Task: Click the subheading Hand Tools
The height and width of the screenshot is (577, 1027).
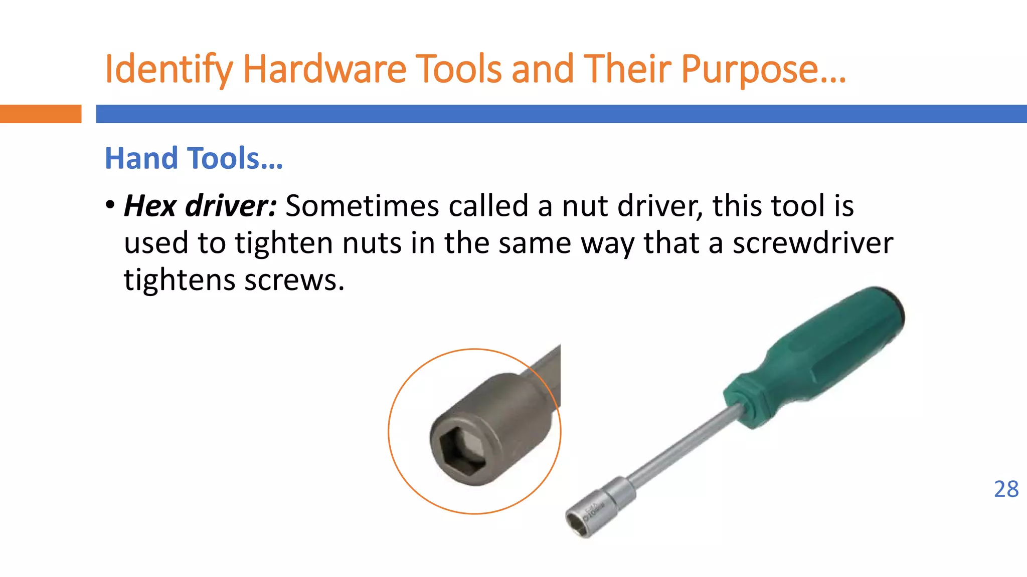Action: pos(194,158)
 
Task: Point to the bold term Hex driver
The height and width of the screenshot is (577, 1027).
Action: pos(200,205)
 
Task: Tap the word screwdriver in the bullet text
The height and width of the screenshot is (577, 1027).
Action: pos(813,243)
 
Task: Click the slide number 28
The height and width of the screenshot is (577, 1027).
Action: pos(1006,489)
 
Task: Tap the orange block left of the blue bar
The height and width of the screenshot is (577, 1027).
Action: pos(40,114)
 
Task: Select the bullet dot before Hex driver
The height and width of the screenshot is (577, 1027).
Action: pos(110,205)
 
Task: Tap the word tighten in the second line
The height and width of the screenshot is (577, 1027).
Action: pos(284,243)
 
